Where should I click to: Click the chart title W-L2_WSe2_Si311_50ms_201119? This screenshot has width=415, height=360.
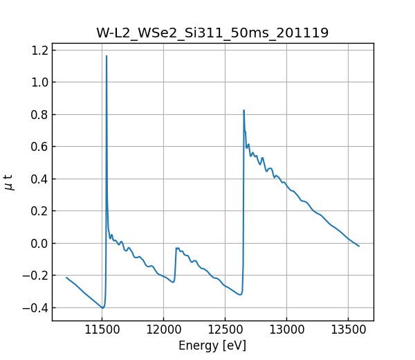click(212, 33)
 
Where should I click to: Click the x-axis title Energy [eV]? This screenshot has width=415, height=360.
click(212, 345)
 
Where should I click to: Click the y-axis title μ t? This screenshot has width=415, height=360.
click(9, 181)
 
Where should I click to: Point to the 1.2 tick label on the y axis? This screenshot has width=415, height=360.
click(40, 50)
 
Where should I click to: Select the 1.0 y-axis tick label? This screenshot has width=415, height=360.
click(40, 82)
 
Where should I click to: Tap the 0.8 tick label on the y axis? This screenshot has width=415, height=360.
click(40, 114)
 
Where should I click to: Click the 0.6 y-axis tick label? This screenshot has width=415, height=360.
click(40, 147)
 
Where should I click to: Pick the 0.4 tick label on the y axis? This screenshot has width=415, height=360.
click(40, 179)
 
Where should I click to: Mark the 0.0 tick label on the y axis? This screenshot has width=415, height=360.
click(40, 243)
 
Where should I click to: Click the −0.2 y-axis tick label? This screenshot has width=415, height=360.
click(37, 276)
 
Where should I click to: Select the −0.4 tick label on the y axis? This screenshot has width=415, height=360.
click(37, 307)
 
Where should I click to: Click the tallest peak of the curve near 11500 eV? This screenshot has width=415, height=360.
click(107, 56)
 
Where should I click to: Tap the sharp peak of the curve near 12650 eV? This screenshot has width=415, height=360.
click(243, 110)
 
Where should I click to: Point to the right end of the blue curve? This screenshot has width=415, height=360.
click(358, 246)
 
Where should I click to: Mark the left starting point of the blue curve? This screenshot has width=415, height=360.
click(66, 278)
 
